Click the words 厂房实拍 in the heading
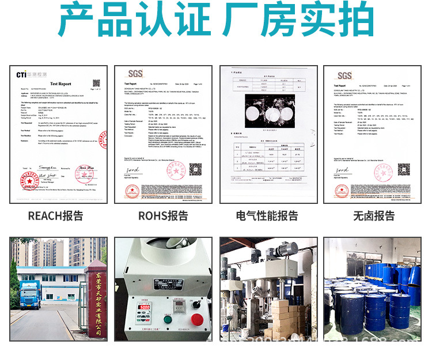[x=298, y=22]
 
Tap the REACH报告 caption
[x=55, y=216]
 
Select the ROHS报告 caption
[x=163, y=216]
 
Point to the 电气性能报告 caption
[x=267, y=216]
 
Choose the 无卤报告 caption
[x=374, y=216]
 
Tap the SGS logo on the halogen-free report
[x=344, y=75]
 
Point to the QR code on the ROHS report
[x=195, y=169]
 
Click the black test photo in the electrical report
[x=268, y=111]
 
